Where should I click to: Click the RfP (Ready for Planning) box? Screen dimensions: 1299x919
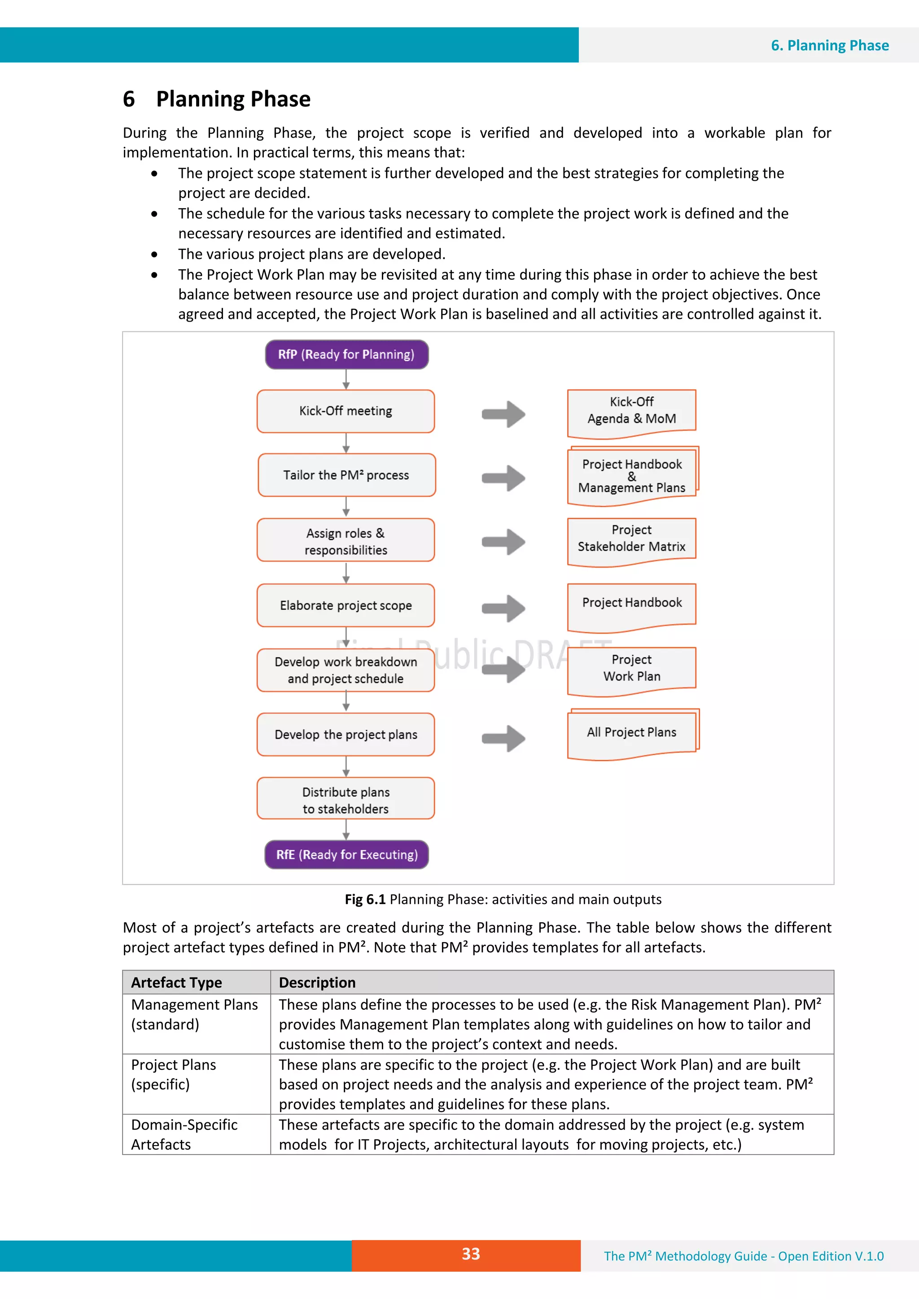pos(346,355)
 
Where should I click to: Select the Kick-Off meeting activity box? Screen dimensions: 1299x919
pos(346,411)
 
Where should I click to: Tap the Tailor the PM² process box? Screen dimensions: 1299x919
pos(346,475)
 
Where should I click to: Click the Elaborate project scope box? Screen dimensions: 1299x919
pos(346,605)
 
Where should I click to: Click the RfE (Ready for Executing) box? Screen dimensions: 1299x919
pos(346,854)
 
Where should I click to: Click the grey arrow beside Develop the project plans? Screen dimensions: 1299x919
pos(503,739)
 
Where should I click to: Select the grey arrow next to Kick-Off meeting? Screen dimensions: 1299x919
pos(503,414)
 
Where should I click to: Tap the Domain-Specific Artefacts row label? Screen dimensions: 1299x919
pos(184,1134)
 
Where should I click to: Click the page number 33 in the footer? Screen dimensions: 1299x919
pos(471,1254)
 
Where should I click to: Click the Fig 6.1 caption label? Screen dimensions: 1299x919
pos(365,899)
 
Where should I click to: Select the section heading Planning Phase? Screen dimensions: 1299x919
pos(233,99)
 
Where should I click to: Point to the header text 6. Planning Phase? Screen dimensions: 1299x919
pos(830,45)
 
